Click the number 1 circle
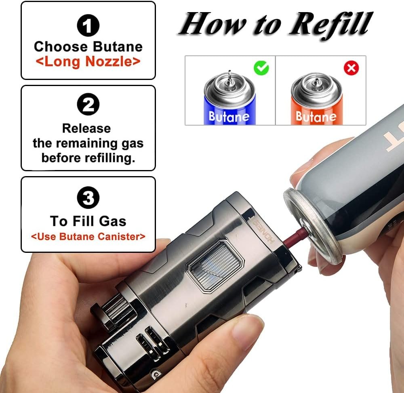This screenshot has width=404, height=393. coord(88,25)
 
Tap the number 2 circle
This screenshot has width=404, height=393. coord(88,104)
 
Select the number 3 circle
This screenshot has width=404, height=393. coord(88,197)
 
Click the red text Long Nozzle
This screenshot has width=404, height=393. coord(88,61)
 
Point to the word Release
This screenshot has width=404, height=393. coord(86,128)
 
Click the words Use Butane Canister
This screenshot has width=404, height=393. coord(88,236)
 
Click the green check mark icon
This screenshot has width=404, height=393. coord(261,68)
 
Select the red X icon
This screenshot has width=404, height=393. coord(351,68)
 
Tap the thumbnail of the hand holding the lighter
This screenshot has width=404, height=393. coord(247,332)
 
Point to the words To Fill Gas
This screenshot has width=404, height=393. coord(88,221)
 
